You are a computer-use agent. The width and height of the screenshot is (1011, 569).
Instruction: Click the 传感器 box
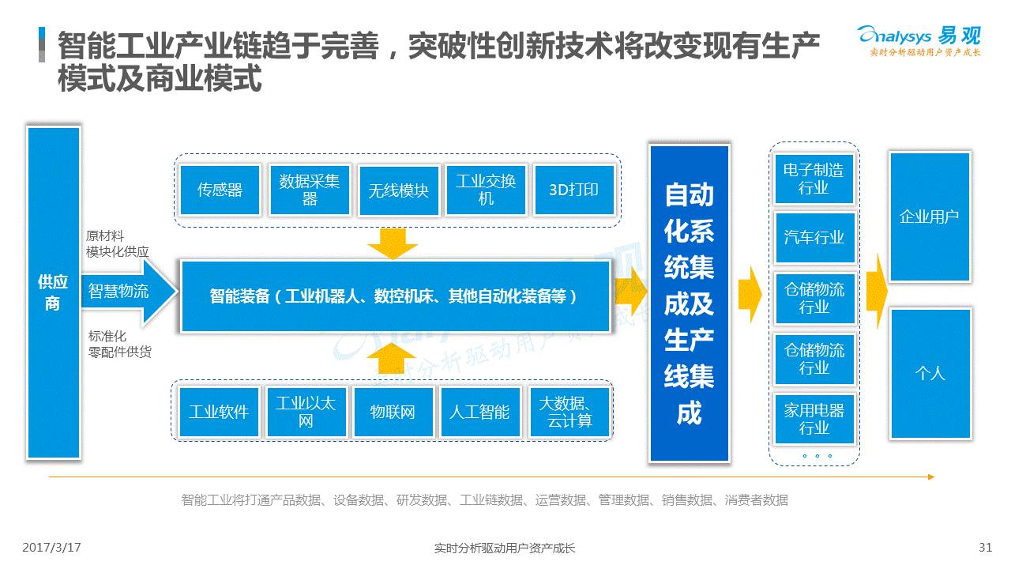(x=220, y=190)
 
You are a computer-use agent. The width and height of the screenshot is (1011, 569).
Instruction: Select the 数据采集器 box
(x=310, y=190)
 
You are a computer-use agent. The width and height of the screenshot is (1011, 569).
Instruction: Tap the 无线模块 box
(x=398, y=190)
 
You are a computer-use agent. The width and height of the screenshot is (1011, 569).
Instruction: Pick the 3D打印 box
(x=573, y=190)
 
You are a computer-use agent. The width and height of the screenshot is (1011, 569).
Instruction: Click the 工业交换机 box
(x=486, y=190)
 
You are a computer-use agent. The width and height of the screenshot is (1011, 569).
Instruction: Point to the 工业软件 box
(x=219, y=412)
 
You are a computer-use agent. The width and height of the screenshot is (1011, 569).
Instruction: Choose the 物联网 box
(x=393, y=412)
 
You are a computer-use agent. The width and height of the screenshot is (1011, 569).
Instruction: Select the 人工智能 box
(x=479, y=412)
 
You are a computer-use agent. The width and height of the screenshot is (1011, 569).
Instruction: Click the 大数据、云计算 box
(x=569, y=412)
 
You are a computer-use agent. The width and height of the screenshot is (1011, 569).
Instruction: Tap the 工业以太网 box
(x=306, y=412)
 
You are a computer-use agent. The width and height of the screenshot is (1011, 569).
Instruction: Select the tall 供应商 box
(x=53, y=292)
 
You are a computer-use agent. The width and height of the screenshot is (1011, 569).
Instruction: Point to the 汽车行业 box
(x=814, y=237)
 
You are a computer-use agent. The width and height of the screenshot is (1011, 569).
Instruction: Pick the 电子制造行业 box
(x=814, y=179)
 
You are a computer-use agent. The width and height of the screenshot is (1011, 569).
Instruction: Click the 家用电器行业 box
(x=814, y=419)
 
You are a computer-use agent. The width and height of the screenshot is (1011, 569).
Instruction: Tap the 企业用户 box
(x=930, y=217)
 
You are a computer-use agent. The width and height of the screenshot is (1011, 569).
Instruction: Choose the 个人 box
(x=930, y=373)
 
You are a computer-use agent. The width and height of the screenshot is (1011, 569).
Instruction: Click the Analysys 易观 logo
(x=918, y=41)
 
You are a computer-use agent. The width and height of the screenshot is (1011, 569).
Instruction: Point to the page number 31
(x=985, y=547)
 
